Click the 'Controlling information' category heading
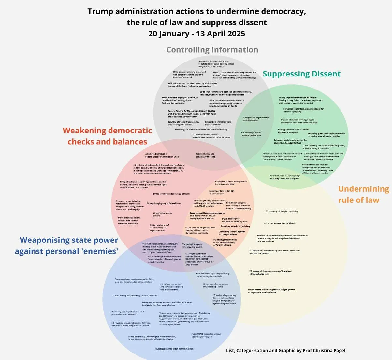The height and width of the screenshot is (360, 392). [x=212, y=50]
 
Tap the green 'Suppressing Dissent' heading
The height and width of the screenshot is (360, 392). [x=301, y=74]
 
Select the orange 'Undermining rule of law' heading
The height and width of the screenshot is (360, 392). [x=363, y=194]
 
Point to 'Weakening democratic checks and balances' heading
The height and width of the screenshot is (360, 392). [x=107, y=136]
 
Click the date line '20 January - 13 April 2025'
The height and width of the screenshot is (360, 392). [x=196, y=34]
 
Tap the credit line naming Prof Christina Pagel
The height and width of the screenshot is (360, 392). [x=285, y=350]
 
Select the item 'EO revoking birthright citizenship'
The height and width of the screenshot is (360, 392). [x=282, y=211]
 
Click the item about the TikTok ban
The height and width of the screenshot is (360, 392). [x=280, y=223]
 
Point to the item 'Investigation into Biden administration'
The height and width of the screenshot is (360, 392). [x=174, y=349]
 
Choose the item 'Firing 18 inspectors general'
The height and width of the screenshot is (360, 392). [x=163, y=215]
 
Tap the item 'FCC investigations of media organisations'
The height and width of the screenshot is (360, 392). [x=251, y=134]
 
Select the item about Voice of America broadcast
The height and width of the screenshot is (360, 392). [x=211, y=136]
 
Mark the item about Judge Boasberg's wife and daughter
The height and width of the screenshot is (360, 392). [x=284, y=177]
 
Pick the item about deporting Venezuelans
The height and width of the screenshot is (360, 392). [x=274, y=252]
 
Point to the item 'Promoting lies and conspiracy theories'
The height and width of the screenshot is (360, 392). [x=205, y=155]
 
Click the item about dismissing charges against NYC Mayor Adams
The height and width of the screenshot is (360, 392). [x=232, y=233]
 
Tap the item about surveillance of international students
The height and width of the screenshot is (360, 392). [x=303, y=110]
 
